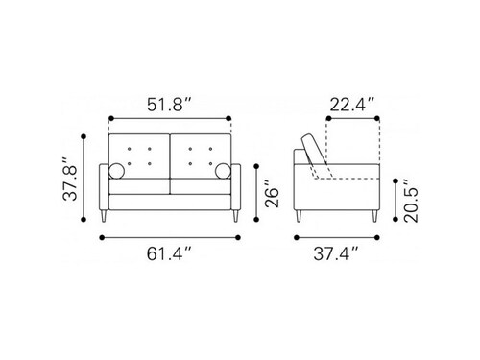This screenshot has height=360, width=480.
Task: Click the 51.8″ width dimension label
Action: point(169,105)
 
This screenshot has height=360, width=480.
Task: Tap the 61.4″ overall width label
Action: point(169,253)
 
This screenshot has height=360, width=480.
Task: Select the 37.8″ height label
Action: point(70,179)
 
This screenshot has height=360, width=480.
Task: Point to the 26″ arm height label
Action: point(272,193)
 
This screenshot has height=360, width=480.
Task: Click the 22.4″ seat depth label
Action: point(352,105)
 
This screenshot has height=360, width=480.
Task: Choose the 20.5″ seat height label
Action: point(411,201)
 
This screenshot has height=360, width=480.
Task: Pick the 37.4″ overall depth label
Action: point(336,253)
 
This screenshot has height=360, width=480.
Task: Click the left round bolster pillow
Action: point(116,171)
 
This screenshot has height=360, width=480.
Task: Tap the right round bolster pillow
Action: point(223,171)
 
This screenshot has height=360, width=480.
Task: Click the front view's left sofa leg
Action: point(104,216)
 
